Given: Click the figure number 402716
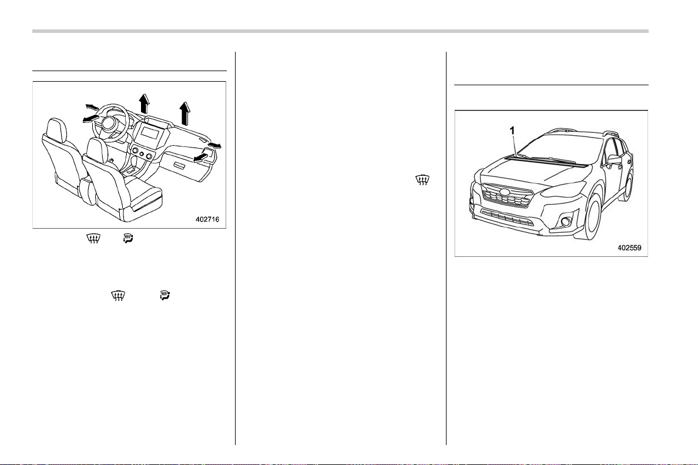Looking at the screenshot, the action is [207, 219].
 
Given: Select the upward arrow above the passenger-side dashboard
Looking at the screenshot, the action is [184, 113].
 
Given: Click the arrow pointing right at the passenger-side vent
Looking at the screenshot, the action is [214, 145].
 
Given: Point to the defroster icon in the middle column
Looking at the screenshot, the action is [421, 180].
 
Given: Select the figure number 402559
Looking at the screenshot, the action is [629, 247].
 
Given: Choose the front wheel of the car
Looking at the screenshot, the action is [594, 218].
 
